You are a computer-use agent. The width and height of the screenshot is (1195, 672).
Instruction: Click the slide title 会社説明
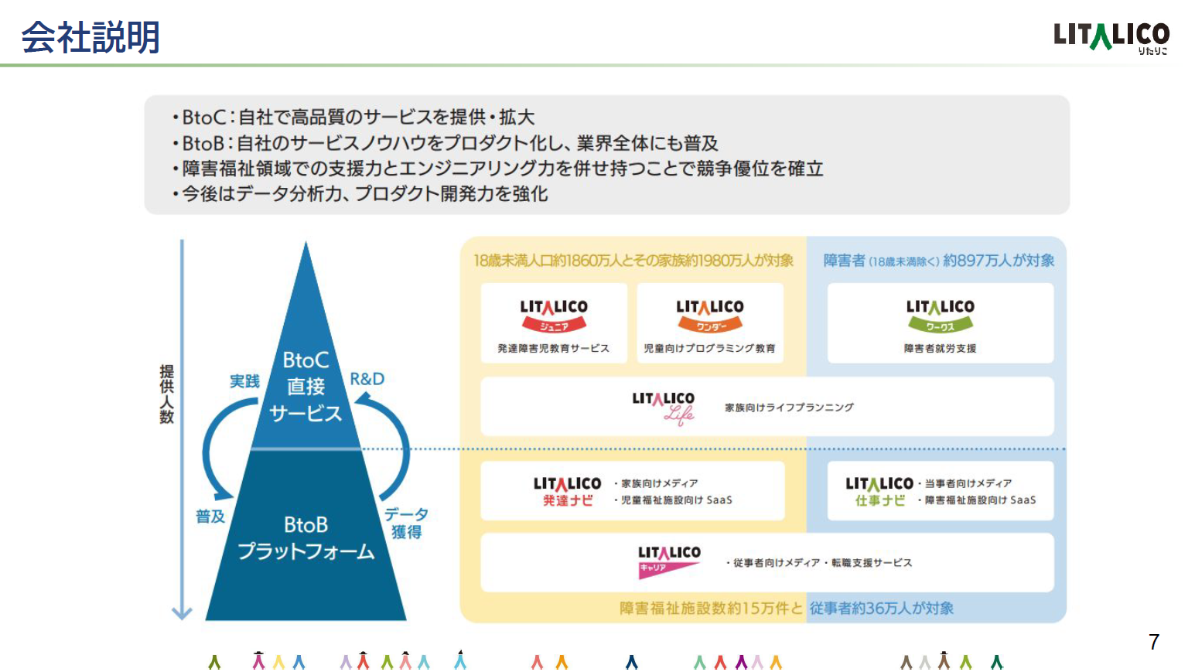[x=90, y=37]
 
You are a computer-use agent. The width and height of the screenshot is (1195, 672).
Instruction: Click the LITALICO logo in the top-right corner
[x=1111, y=37]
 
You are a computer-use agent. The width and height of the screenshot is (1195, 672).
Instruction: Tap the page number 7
[x=1154, y=642]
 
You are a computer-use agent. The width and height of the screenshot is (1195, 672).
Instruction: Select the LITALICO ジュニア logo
[x=554, y=316]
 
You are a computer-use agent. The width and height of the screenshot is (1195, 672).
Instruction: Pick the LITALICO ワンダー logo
[x=710, y=316]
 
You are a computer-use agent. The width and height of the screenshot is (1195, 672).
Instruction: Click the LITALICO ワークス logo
[x=941, y=316]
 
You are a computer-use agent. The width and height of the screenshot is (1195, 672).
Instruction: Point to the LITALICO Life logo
[x=664, y=408]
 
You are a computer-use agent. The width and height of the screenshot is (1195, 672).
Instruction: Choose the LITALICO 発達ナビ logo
[x=567, y=491]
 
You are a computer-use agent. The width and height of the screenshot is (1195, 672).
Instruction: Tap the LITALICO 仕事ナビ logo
[x=879, y=491]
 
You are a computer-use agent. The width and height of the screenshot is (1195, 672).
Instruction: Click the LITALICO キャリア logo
[x=670, y=562]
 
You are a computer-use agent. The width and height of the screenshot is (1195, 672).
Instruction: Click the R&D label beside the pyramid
[x=367, y=379]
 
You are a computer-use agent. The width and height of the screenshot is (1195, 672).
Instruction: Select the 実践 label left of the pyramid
[x=245, y=381]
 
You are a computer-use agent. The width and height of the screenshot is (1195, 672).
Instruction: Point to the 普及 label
[x=210, y=517]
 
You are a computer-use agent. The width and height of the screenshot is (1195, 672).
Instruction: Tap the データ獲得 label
[x=407, y=524]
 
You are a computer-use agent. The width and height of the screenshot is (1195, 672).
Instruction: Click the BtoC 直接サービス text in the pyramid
[x=306, y=387]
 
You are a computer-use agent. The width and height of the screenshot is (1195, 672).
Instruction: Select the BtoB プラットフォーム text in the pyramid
[x=306, y=538]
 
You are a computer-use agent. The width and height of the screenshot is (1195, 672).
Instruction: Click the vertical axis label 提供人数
[x=167, y=394]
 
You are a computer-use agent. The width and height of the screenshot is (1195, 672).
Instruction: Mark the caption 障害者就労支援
[x=940, y=348]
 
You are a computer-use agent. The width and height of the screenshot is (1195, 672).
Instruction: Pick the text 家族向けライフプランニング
[x=789, y=408]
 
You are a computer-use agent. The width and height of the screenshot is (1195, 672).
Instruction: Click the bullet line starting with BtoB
[x=445, y=143]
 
